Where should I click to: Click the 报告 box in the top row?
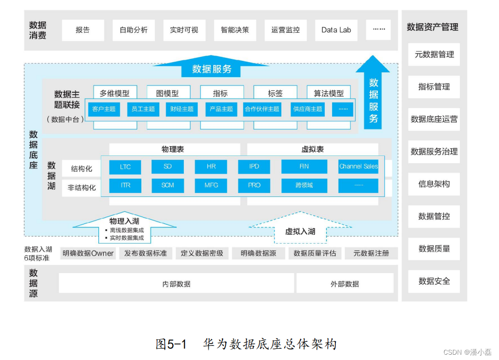tap(83, 30)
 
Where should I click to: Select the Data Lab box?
tap(336, 30)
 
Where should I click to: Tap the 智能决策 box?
tap(235, 30)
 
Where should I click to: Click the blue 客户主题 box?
tap(104, 109)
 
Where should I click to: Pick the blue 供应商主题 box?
tap(307, 109)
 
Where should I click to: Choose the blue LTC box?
tap(125, 166)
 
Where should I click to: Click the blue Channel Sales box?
tap(358, 166)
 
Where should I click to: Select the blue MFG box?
tap(211, 185)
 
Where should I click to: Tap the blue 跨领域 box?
tap(304, 185)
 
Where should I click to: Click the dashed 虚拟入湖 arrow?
tap(300, 231)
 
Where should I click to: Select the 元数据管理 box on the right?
tap(434, 55)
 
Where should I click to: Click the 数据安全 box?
tap(434, 281)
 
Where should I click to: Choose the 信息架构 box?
tap(434, 184)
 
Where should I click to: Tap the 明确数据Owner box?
tap(88, 253)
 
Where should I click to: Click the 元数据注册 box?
tap(371, 253)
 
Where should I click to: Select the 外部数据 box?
tap(345, 284)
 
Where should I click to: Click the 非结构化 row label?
tap(81, 188)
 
